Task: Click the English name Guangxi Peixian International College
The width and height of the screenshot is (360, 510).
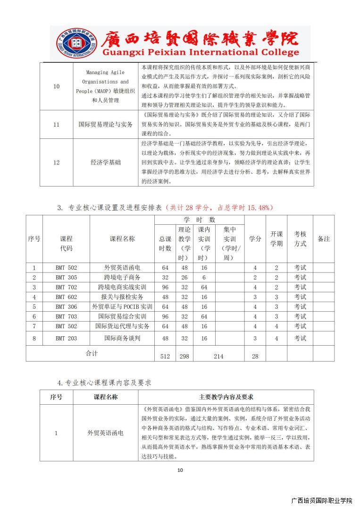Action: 193,52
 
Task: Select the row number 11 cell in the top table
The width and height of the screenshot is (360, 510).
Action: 56,124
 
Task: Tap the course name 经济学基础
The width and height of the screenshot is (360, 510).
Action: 106,162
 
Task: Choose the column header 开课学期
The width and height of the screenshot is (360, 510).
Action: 276,239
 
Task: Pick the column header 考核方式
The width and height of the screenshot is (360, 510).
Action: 300,239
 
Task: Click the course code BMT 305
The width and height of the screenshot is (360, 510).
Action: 66,277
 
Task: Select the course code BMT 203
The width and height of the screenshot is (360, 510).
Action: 66,338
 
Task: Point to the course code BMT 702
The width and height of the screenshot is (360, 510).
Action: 66,287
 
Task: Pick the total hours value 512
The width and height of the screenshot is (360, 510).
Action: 165,357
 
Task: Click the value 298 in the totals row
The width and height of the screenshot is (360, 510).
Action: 184,357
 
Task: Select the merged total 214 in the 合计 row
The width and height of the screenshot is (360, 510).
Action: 218,357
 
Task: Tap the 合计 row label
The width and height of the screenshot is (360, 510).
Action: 91,353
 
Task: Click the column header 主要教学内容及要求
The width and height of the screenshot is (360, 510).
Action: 226,397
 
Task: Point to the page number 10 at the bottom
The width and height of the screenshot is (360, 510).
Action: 180,470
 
